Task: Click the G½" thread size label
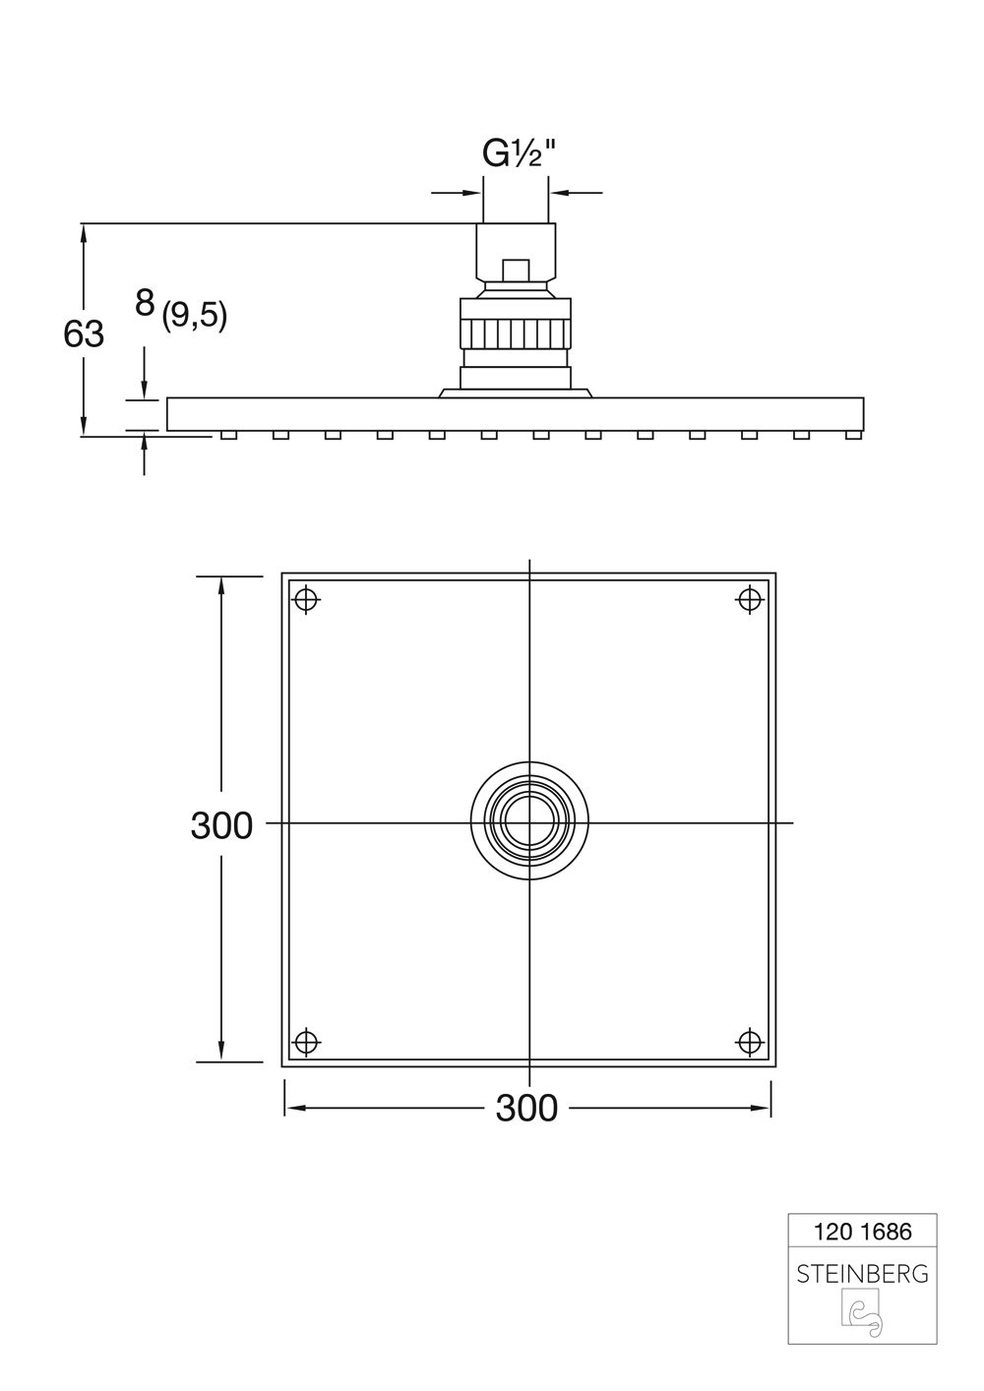[518, 153]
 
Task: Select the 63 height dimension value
[84, 334]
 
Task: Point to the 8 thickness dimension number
[145, 304]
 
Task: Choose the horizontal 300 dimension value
[526, 1109]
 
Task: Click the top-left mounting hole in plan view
[308, 598]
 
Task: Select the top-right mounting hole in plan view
[750, 598]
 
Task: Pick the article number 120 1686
[862, 1231]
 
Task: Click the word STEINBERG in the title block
[862, 1274]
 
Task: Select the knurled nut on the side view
[516, 333]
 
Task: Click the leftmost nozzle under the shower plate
[228, 435]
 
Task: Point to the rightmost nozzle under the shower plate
[852, 435]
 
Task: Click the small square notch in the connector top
[515, 270]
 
